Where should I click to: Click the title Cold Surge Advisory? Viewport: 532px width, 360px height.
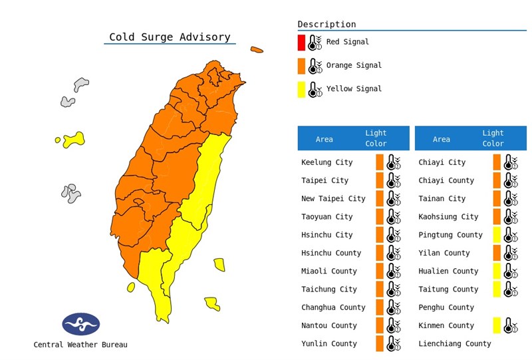(x=170, y=37)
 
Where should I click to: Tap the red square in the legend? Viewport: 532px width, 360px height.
(x=301, y=43)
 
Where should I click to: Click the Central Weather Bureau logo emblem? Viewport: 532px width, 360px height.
(x=81, y=324)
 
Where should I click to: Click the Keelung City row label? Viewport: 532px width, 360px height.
(x=327, y=162)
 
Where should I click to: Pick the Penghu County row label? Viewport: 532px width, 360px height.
(x=446, y=307)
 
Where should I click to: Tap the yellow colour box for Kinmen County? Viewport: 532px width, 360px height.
(x=497, y=325)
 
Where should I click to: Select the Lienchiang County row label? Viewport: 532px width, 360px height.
(x=454, y=343)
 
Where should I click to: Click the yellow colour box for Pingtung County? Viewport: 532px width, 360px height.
(x=497, y=235)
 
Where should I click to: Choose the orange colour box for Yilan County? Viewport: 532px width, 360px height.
(x=497, y=253)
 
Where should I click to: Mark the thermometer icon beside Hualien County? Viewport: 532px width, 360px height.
(x=511, y=271)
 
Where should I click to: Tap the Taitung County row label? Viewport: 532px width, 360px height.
(x=448, y=289)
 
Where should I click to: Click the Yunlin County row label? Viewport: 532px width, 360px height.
(x=329, y=343)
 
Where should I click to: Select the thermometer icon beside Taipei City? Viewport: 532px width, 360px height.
(x=394, y=180)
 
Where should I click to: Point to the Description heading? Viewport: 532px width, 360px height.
(x=327, y=24)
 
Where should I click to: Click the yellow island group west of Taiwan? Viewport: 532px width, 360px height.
(x=73, y=139)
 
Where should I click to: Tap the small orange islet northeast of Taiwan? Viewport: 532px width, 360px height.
(x=257, y=50)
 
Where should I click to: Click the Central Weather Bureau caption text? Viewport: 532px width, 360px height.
(x=80, y=345)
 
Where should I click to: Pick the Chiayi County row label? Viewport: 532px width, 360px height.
(x=446, y=180)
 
